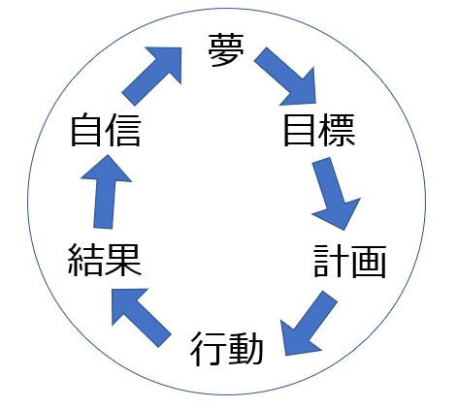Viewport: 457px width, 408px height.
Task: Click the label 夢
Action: coord(226,50)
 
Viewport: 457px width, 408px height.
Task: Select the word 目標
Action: coord(319,130)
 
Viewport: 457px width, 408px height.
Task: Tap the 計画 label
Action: coord(349,261)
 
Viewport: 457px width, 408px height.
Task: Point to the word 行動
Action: coord(226,348)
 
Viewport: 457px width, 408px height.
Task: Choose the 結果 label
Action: coord(105,260)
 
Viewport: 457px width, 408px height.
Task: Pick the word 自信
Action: coord(106,129)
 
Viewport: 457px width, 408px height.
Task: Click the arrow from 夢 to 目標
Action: coord(285,77)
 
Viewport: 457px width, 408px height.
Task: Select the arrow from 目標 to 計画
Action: coord(336,194)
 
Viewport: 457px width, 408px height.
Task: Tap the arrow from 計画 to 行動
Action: coord(309,323)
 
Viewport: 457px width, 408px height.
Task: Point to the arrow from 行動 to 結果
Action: coord(141,318)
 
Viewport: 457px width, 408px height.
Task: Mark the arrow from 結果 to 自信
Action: coord(106,192)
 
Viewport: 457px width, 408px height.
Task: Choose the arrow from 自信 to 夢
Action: coord(151,77)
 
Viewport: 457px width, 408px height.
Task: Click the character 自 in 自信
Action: coord(85,129)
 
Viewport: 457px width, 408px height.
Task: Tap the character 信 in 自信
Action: coord(123,129)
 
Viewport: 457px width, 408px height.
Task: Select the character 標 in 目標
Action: coord(337,130)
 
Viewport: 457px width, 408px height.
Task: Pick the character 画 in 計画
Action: coord(369,261)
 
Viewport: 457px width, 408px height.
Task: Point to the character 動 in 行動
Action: coord(245,348)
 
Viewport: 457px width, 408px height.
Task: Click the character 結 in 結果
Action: coord(85,260)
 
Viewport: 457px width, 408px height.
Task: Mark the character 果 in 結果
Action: coord(123,260)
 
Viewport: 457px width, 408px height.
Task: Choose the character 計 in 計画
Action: coord(331,261)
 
